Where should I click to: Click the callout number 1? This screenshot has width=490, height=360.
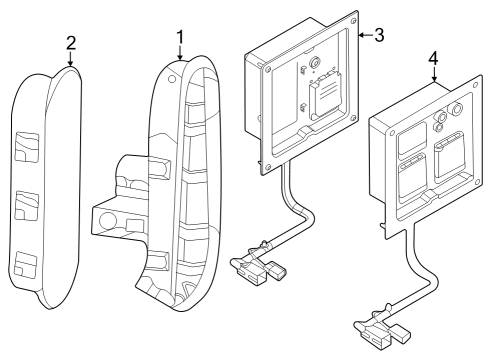click(x=179, y=37)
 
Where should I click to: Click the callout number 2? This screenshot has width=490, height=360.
click(x=70, y=46)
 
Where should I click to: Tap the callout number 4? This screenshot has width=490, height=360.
click(x=432, y=59)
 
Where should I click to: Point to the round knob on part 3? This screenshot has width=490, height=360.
click(x=316, y=62)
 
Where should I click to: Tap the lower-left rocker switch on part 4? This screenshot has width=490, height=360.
click(x=410, y=184)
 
